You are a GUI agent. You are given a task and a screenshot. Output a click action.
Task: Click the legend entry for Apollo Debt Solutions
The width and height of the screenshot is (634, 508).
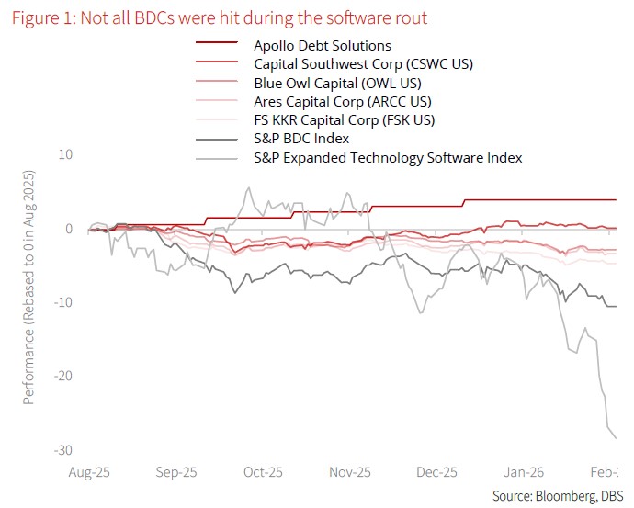coord(322,45)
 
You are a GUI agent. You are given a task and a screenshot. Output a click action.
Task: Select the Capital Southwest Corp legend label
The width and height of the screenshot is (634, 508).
coord(357,63)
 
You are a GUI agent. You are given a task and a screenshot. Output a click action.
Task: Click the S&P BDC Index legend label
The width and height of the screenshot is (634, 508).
coord(300,139)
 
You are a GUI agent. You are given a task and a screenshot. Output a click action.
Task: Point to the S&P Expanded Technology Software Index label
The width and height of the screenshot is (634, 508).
coord(388,158)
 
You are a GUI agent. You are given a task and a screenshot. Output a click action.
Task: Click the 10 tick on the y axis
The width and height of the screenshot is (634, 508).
coord(66,154)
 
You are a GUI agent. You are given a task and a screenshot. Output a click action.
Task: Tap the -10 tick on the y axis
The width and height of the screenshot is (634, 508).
coord(63,302)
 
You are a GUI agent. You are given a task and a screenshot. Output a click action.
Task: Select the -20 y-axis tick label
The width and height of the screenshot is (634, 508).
coord(63,376)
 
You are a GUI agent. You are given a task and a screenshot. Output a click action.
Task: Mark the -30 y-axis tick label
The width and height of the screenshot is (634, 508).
coord(63,449)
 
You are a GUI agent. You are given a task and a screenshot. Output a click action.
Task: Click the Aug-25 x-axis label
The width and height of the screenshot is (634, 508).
coord(89,472)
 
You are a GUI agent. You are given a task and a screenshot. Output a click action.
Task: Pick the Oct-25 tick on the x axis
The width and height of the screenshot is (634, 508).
coord(263,472)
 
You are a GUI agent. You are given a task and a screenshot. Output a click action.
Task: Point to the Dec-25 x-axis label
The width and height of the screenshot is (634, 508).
coord(436,472)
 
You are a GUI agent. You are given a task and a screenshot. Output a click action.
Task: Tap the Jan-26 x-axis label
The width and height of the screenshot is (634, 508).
coord(524,472)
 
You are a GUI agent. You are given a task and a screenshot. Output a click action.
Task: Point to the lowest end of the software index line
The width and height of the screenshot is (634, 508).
coord(615,437)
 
